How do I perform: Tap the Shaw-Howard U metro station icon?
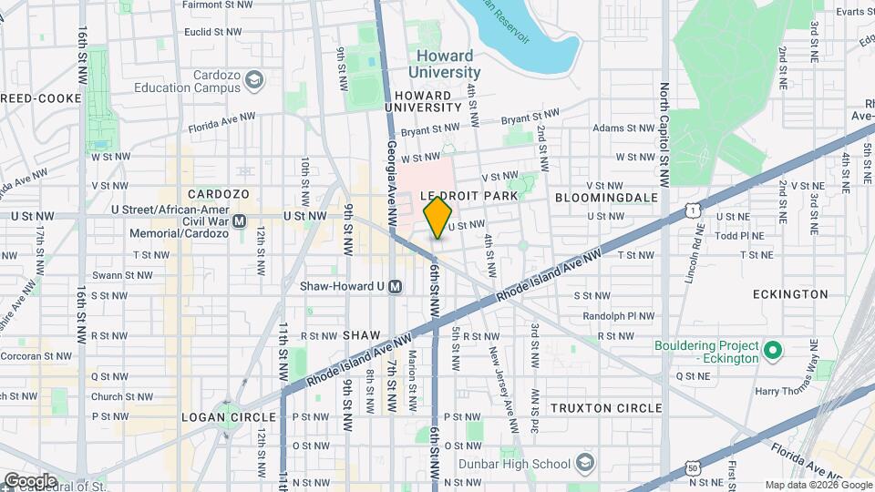[x=396, y=286]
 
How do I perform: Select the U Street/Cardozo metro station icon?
[x=240, y=221]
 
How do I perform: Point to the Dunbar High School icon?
[x=584, y=463]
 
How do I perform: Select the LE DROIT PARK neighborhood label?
[x=468, y=196]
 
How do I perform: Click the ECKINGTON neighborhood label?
[x=790, y=294]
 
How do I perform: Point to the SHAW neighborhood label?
[x=361, y=335]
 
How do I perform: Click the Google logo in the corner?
[x=29, y=480]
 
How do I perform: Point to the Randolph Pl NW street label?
[x=618, y=316]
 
